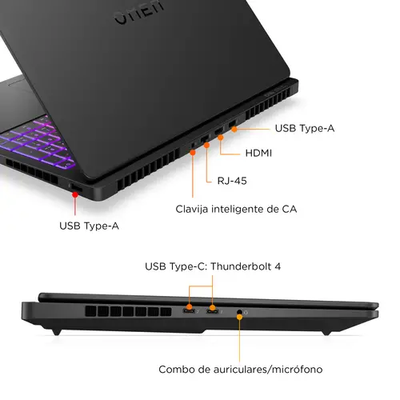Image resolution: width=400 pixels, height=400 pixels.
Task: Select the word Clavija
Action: click(x=194, y=210)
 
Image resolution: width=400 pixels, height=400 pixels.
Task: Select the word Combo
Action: click(x=178, y=369)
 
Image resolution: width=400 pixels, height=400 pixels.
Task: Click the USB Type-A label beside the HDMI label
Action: click(x=304, y=128)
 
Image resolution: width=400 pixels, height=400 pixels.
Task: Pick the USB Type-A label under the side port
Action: click(x=89, y=226)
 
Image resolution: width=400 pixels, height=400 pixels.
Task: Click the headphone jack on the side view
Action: click(x=240, y=310)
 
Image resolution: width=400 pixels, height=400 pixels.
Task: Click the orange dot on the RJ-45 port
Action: click(x=206, y=145)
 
